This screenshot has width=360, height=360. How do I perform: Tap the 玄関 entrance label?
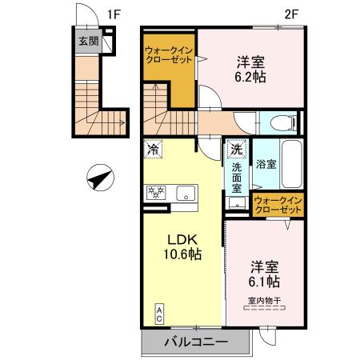tap(89, 42)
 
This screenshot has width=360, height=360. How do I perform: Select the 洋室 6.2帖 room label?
tap(250, 70)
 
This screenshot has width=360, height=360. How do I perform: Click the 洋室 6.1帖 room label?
tap(263, 274)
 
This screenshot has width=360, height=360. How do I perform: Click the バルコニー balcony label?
tap(197, 342)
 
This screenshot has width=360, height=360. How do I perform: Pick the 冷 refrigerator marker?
tap(153, 149)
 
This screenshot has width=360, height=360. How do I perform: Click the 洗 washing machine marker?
tap(236, 148)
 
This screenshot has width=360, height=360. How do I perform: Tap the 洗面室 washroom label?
tap(237, 179)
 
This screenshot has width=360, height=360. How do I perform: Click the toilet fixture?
tap(280, 123)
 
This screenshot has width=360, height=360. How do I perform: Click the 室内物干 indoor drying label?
tap(263, 301)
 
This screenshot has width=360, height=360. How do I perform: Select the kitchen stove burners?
tap(154, 192)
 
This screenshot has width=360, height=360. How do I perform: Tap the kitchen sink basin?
tap(186, 192)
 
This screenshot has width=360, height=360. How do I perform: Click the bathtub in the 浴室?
tap(290, 163)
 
